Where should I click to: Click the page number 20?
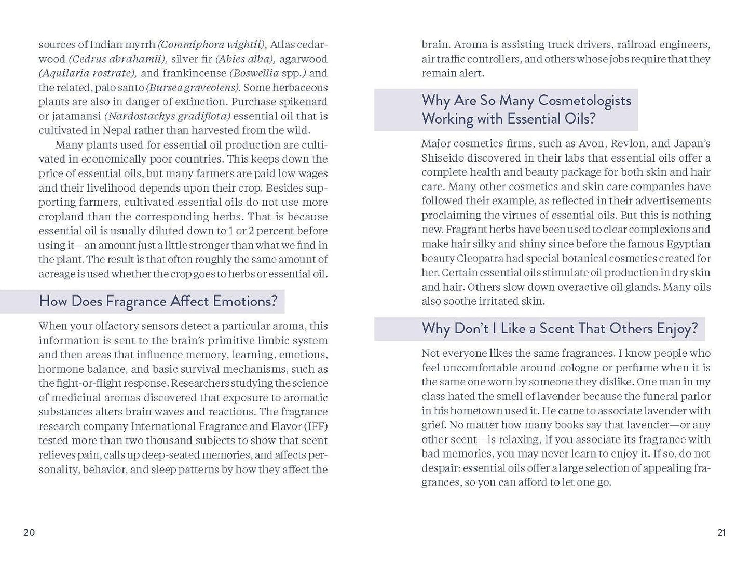tap(29, 532)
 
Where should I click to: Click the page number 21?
tap(721, 532)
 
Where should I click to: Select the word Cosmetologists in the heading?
tap(585, 100)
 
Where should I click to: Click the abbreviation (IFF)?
tap(316, 426)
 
